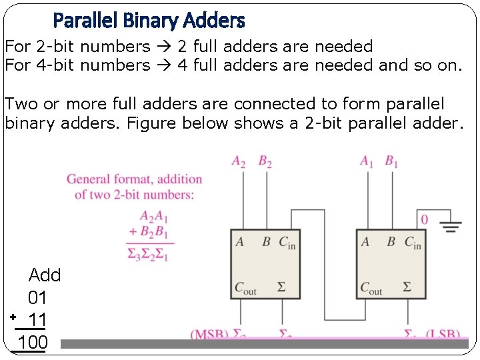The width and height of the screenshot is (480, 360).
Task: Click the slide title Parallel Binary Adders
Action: click(149, 21)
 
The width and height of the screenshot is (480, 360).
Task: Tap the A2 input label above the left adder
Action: click(239, 161)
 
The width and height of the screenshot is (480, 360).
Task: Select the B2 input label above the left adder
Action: click(265, 161)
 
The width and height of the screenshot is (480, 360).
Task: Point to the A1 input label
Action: click(367, 161)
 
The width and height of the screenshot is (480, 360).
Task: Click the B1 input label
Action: click(392, 161)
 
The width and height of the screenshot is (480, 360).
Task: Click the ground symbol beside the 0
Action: click(451, 226)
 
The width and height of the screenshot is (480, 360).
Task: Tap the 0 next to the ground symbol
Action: click(425, 219)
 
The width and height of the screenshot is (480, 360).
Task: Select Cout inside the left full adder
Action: click(245, 288)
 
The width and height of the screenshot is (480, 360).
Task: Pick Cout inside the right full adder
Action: click(371, 288)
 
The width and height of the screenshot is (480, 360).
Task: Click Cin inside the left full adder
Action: click(287, 243)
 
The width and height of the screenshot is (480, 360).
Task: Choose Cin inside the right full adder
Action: click(413, 243)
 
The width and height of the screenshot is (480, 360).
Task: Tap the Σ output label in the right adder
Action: click(407, 287)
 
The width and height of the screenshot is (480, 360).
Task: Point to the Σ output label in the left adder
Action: click(281, 287)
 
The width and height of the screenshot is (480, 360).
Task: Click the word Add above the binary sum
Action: click(45, 275)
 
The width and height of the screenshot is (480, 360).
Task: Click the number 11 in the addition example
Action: click(37, 319)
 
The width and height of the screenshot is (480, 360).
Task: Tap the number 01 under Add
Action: click(37, 297)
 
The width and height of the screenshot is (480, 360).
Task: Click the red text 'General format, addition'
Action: click(134, 179)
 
